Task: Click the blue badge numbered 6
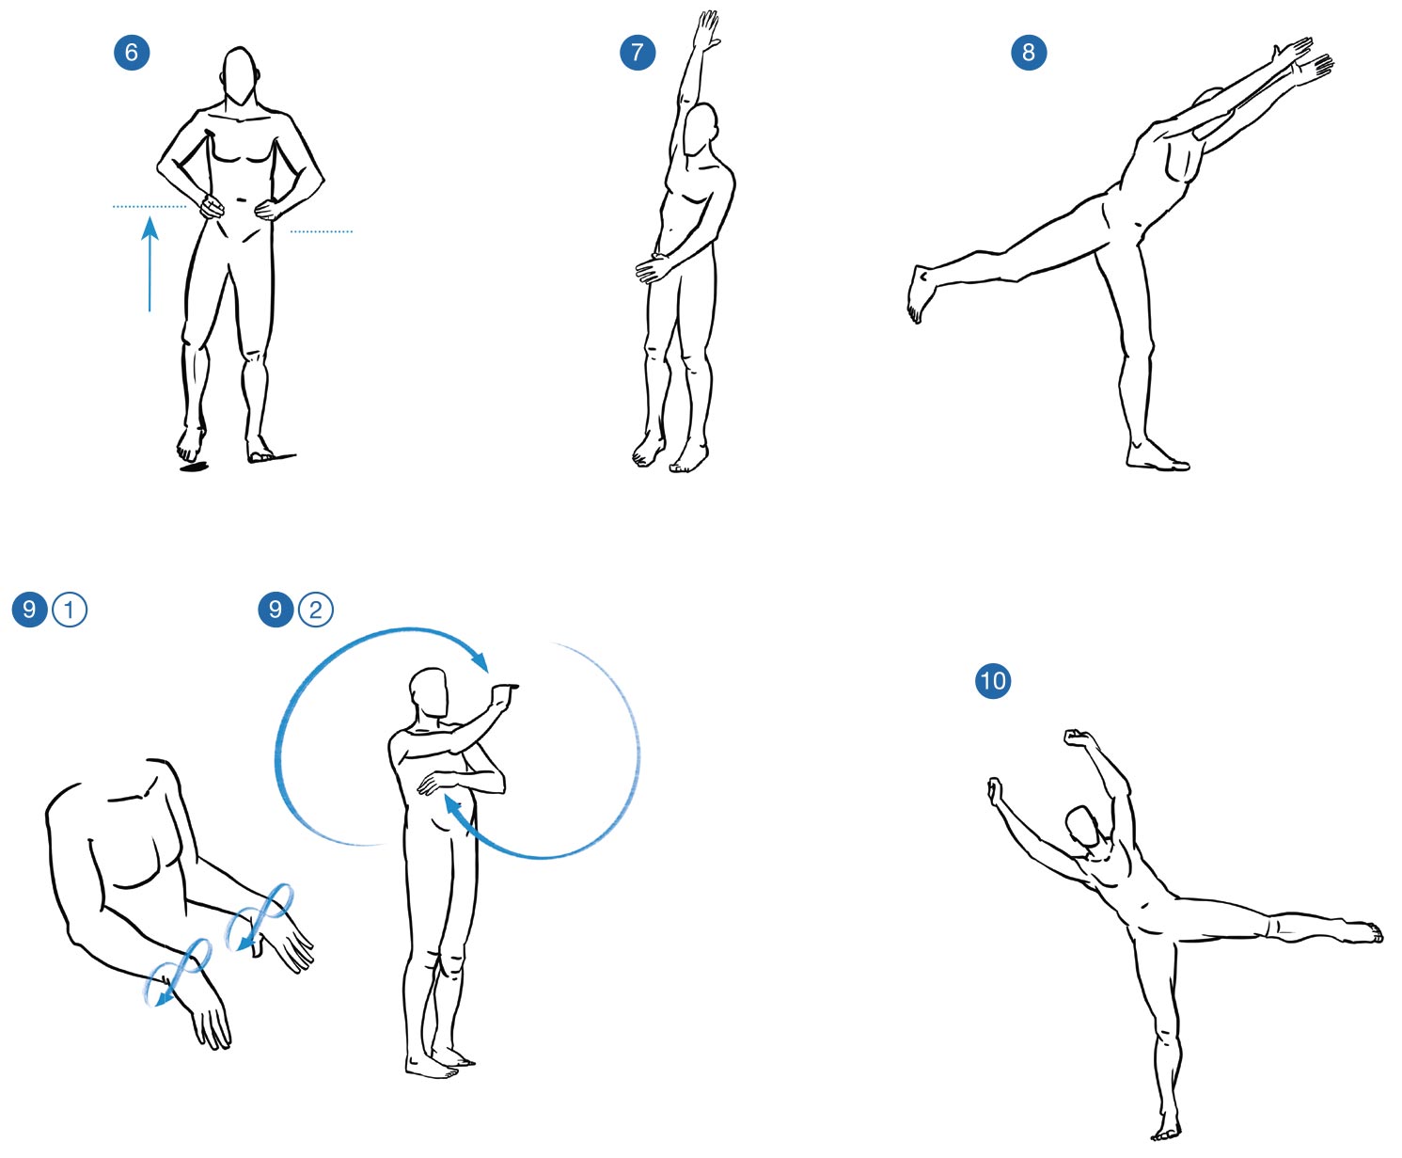pos(132,53)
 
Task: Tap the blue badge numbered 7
pos(638,53)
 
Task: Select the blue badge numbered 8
pos(1029,53)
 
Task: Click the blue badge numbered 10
pos(993,681)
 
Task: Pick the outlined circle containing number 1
pos(70,610)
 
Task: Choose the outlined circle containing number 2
pos(315,610)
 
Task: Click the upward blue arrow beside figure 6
pos(150,264)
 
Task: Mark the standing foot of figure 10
pos(1166,1129)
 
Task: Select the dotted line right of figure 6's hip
pos(321,231)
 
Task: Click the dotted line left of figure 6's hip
pos(150,206)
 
